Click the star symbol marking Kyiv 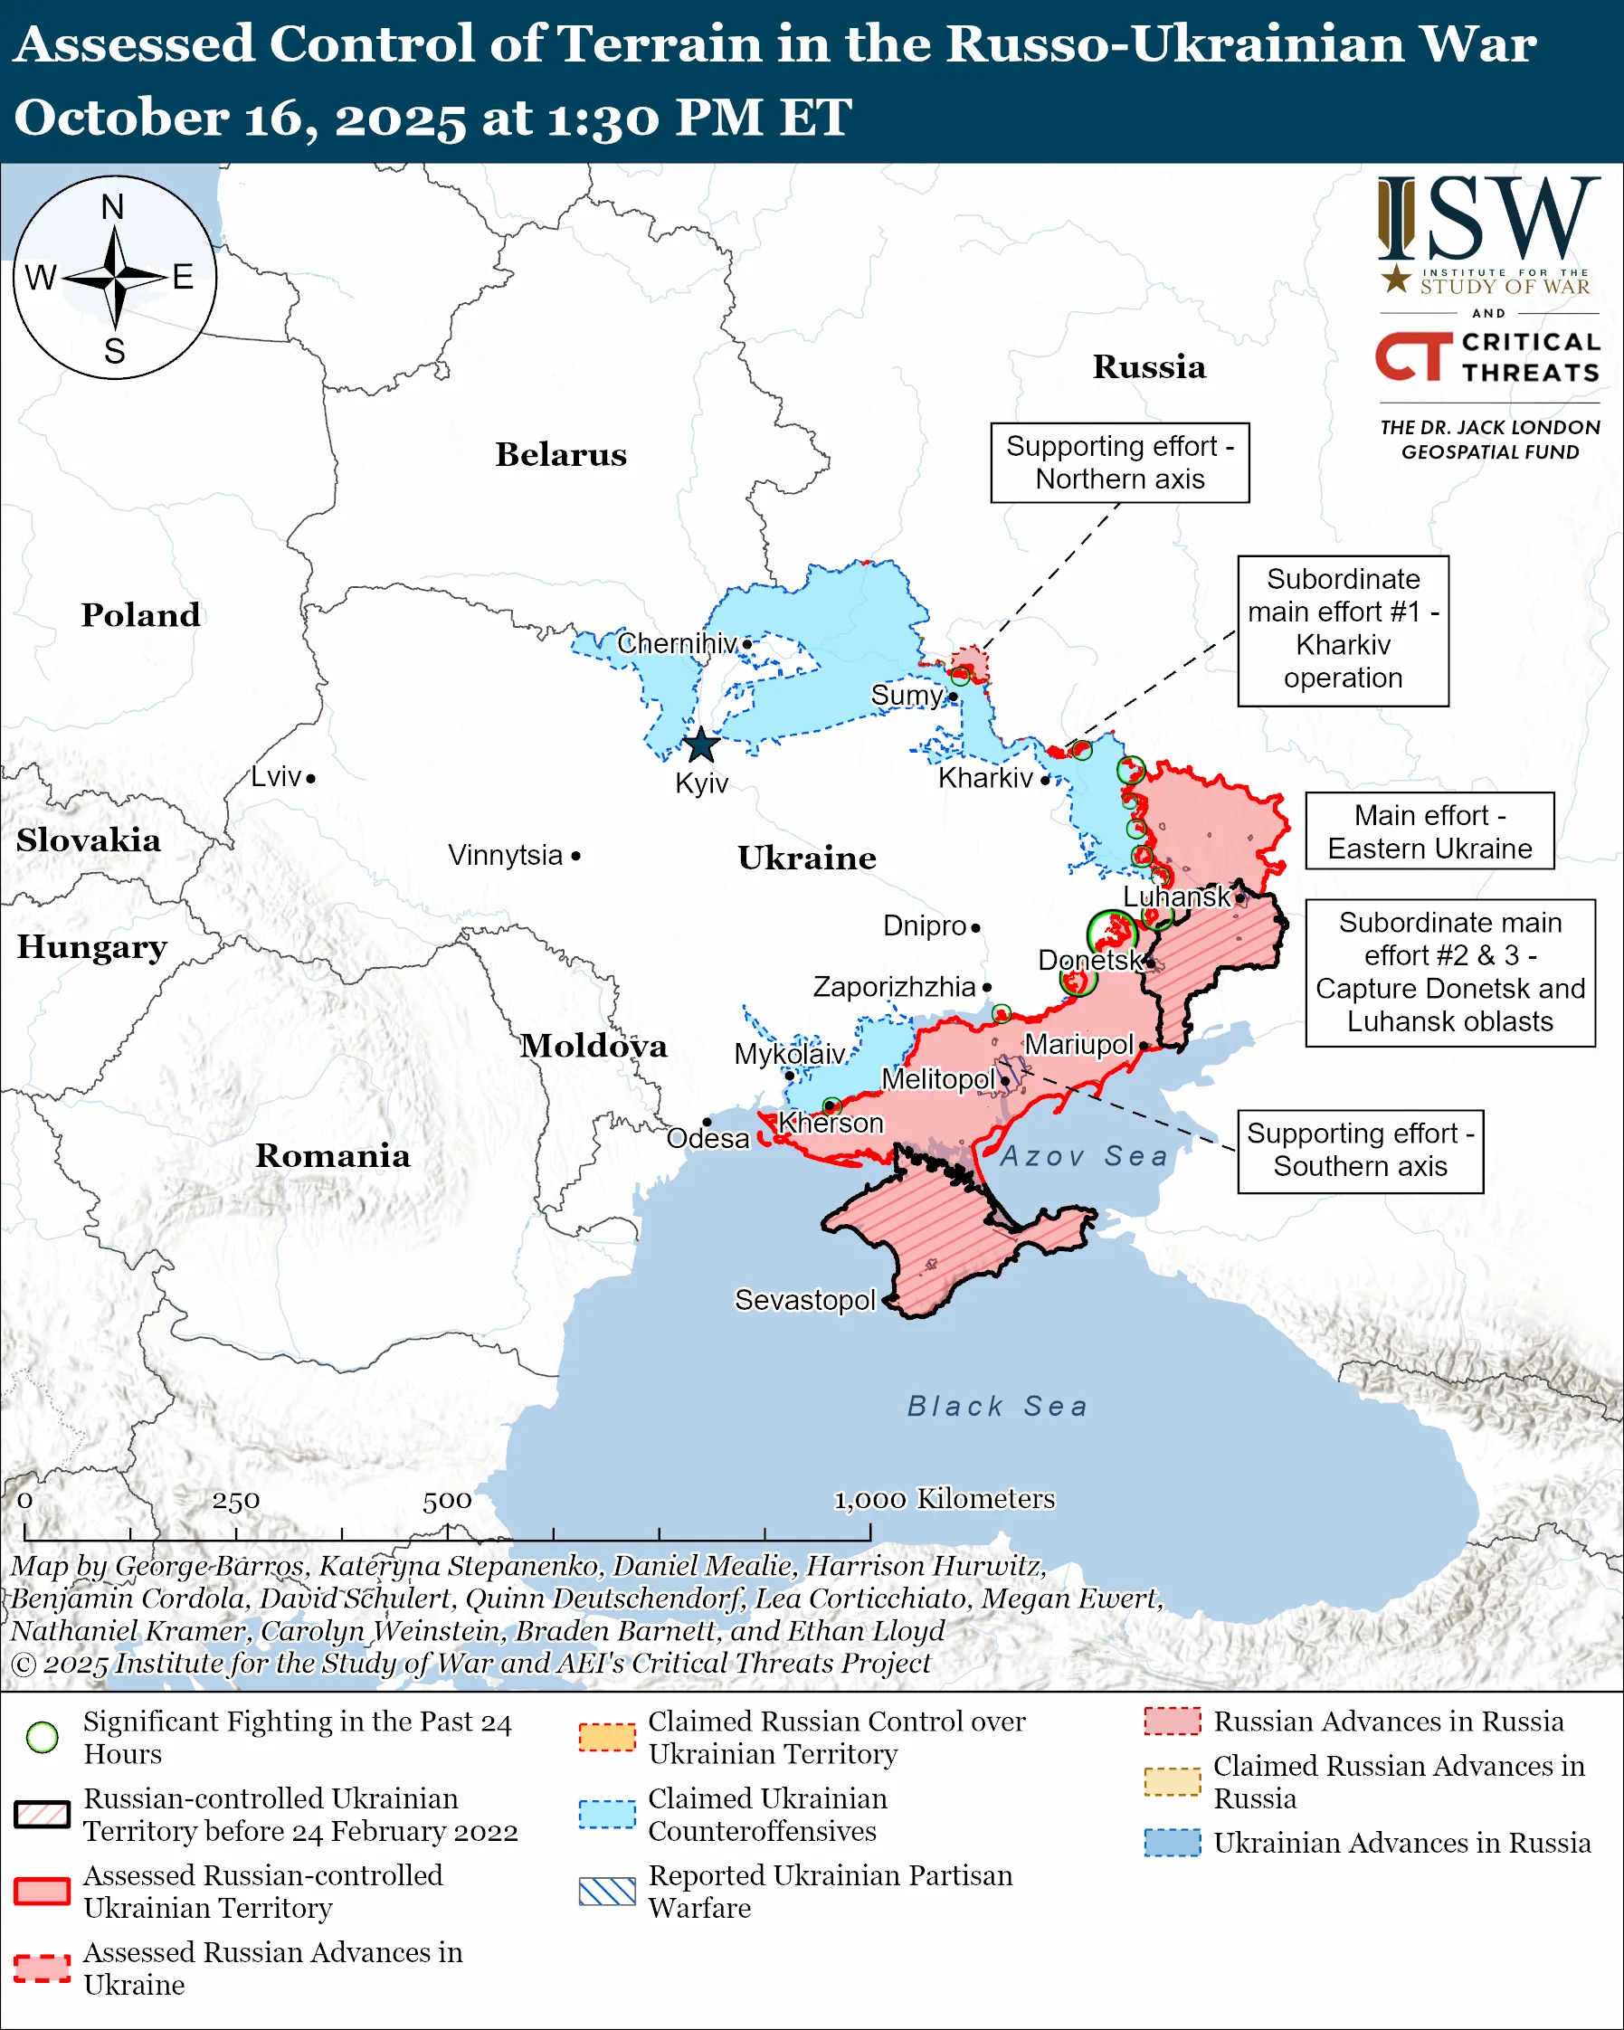(701, 745)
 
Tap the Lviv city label (276, 777)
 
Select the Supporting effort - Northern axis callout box (1119, 462)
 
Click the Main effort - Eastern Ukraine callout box (1429, 831)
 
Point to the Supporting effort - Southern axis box (1360, 1150)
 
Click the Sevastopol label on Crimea (805, 1299)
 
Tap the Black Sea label (997, 1407)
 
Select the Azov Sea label (1084, 1156)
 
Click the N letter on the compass (113, 207)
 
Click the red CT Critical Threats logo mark (1413, 356)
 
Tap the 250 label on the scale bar (235, 1501)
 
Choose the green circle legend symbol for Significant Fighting (43, 1737)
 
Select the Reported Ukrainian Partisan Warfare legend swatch (607, 1891)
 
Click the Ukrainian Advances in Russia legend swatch (1173, 1842)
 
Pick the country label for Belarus (561, 455)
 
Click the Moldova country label (594, 1046)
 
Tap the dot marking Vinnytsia (576, 856)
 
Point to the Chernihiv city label (676, 643)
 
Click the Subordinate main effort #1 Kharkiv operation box (1343, 630)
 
